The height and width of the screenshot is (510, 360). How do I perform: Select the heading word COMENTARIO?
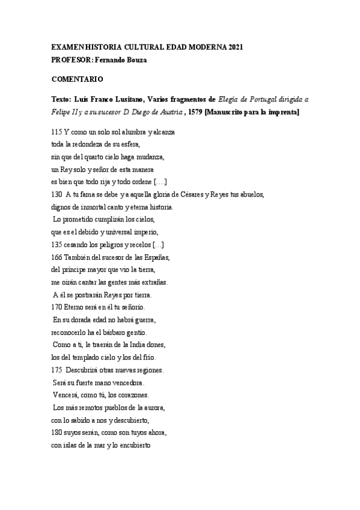tap(77, 79)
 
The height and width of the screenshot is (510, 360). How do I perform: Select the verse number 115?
tap(56, 131)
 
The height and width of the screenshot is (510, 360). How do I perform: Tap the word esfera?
tap(129, 144)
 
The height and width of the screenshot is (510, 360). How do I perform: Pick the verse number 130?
tap(56, 193)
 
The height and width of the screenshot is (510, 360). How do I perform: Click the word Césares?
tap(200, 193)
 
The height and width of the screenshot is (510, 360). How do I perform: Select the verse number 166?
tap(56, 257)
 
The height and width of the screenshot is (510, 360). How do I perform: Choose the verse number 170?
tap(56, 307)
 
